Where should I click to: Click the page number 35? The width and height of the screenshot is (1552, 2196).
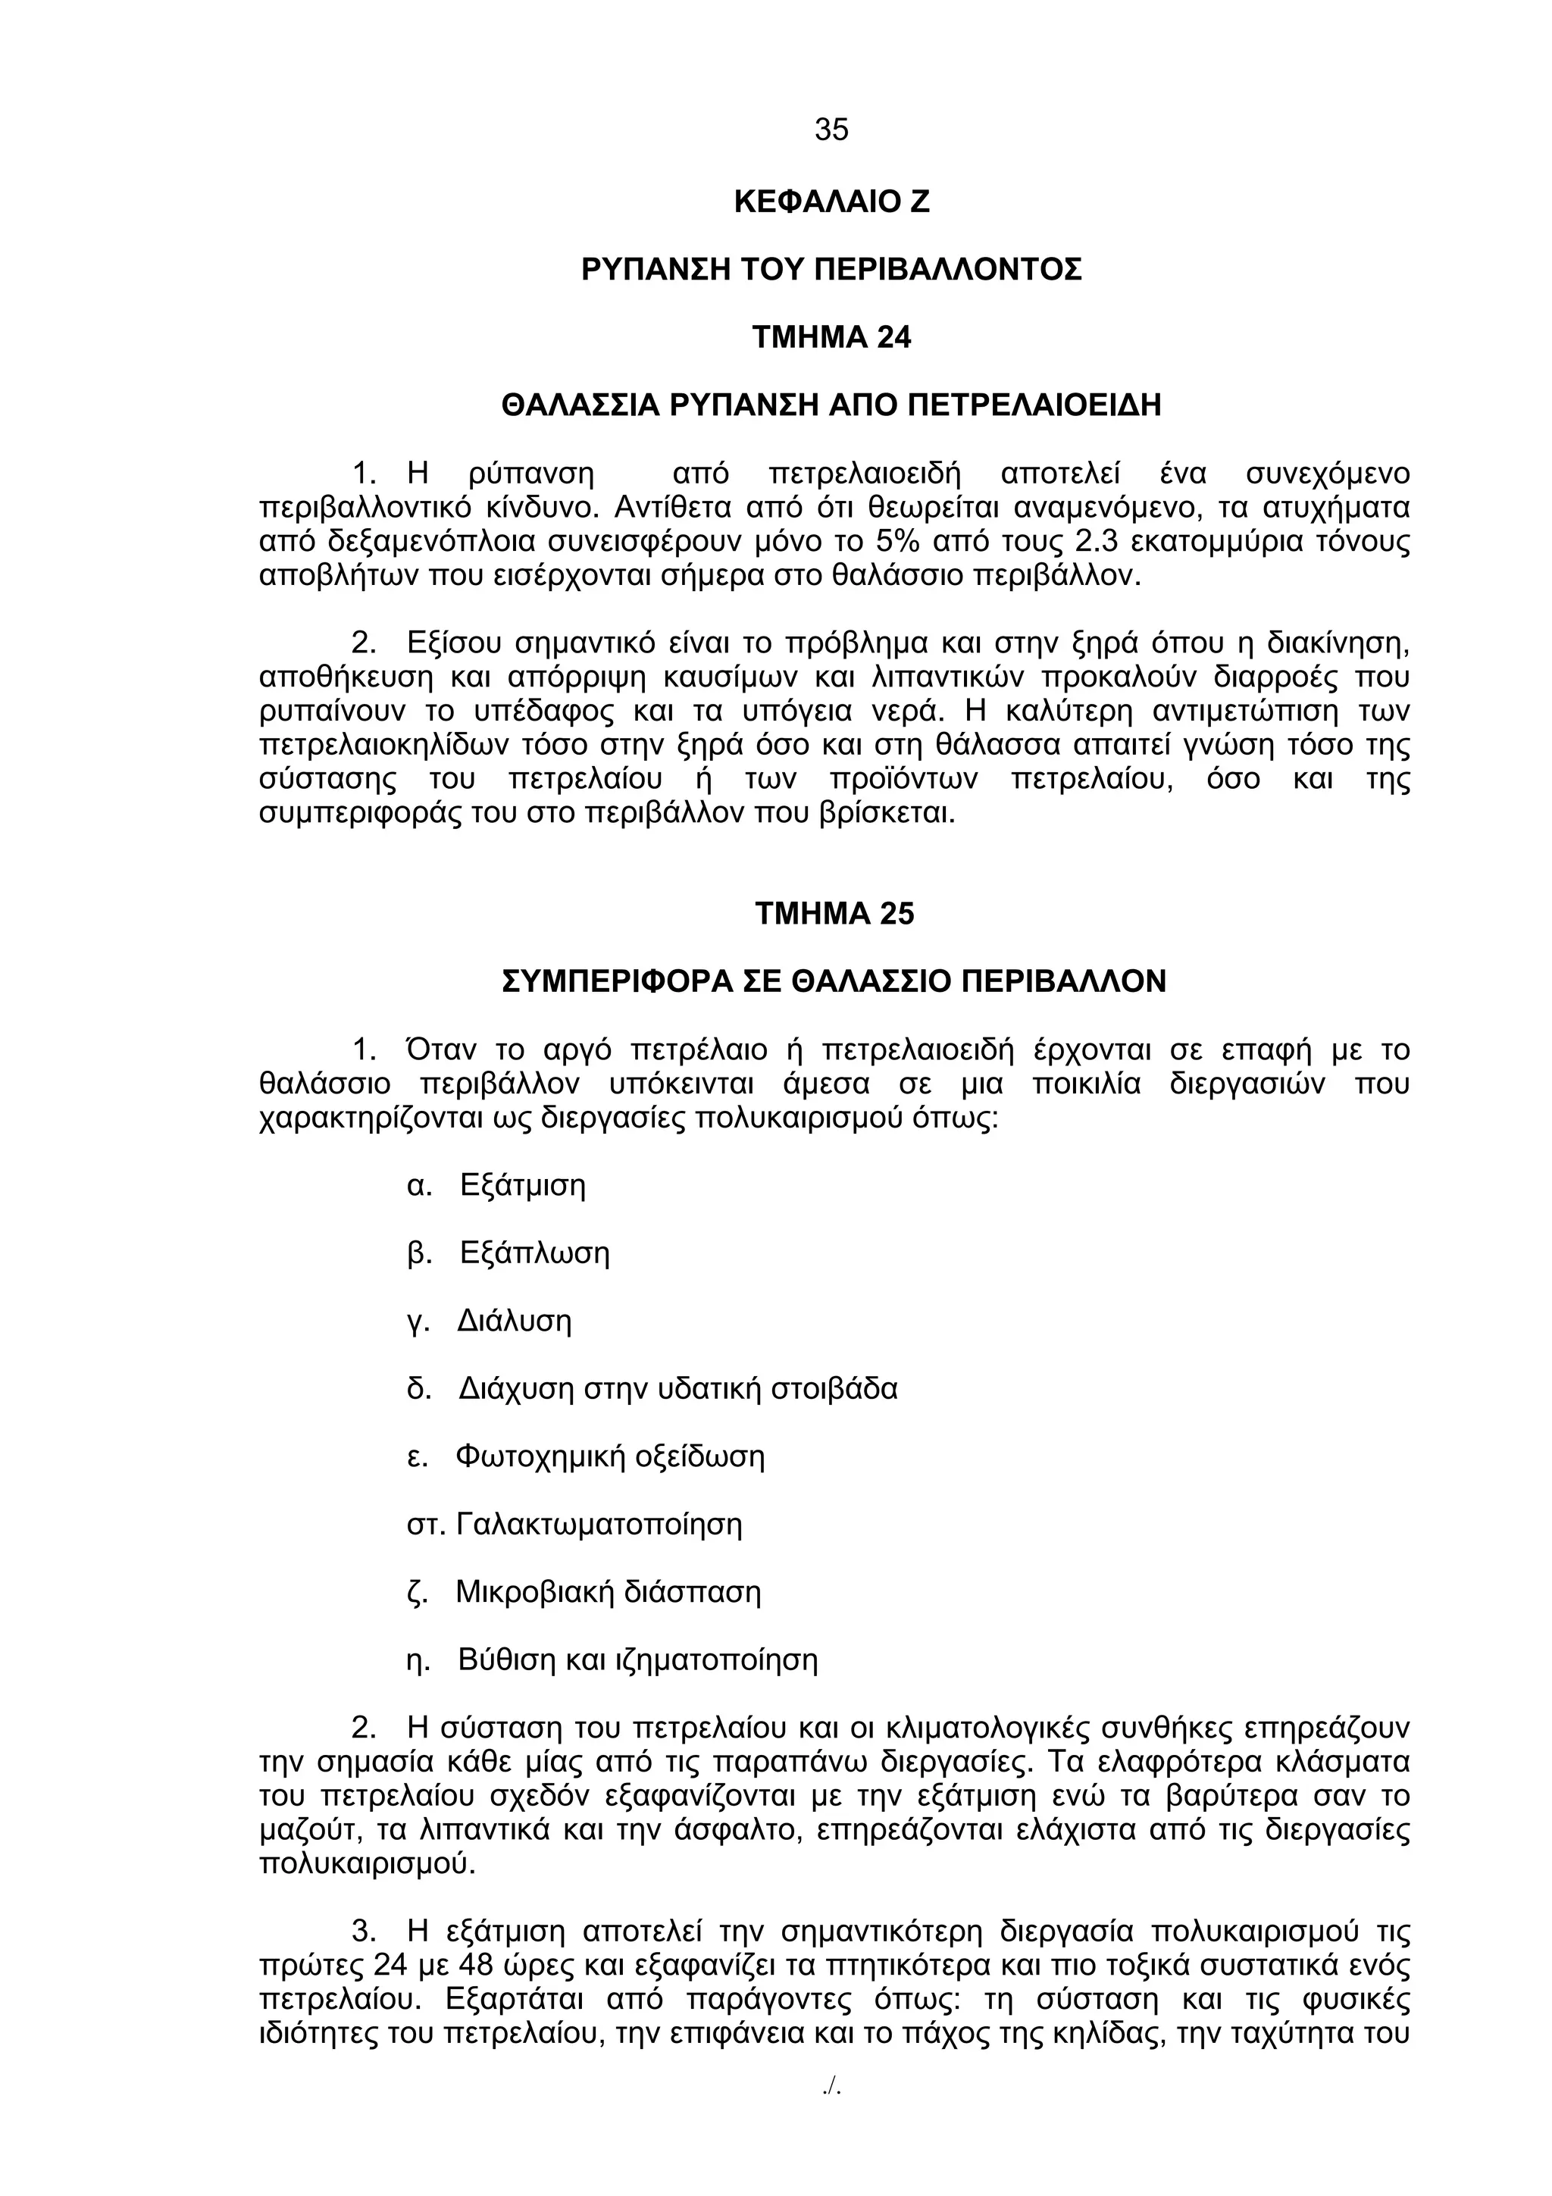coord(831,129)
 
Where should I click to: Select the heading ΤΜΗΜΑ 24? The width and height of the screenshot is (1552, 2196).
coord(831,338)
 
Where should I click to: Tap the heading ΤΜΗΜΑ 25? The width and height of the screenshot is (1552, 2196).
coord(834,913)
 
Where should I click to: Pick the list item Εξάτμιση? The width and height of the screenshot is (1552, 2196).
coord(522,1186)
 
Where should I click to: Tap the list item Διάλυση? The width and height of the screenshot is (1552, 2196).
coord(514,1322)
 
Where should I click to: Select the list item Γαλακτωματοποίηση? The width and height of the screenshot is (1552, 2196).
coord(599,1525)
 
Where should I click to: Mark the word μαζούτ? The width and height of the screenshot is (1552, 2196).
coord(311,1831)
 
